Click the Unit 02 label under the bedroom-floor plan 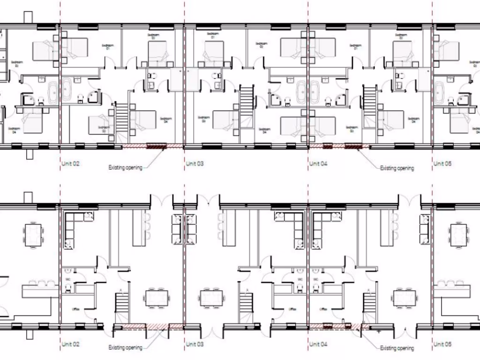[70, 164]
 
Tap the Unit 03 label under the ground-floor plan [195, 344]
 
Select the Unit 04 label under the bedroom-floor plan [318, 164]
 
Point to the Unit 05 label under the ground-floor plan [442, 344]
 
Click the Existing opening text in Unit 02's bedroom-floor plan [125, 167]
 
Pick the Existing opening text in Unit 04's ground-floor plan [397, 348]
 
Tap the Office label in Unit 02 [75, 309]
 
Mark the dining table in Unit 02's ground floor [157, 299]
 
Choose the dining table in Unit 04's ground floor [405, 299]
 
